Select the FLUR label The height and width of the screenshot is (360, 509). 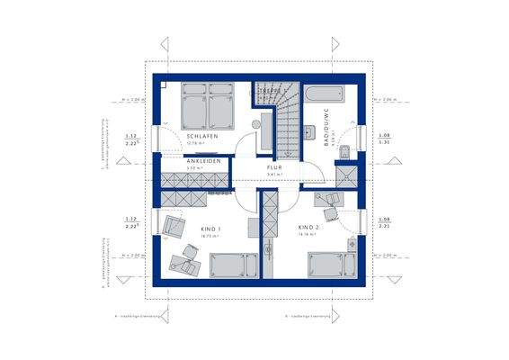[274, 167]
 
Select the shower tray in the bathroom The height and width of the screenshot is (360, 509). [343, 175]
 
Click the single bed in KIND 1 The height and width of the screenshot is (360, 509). [232, 265]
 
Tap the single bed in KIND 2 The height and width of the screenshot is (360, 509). [326, 265]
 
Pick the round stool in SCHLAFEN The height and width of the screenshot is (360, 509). [254, 122]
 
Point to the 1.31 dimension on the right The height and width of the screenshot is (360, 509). [384, 142]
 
